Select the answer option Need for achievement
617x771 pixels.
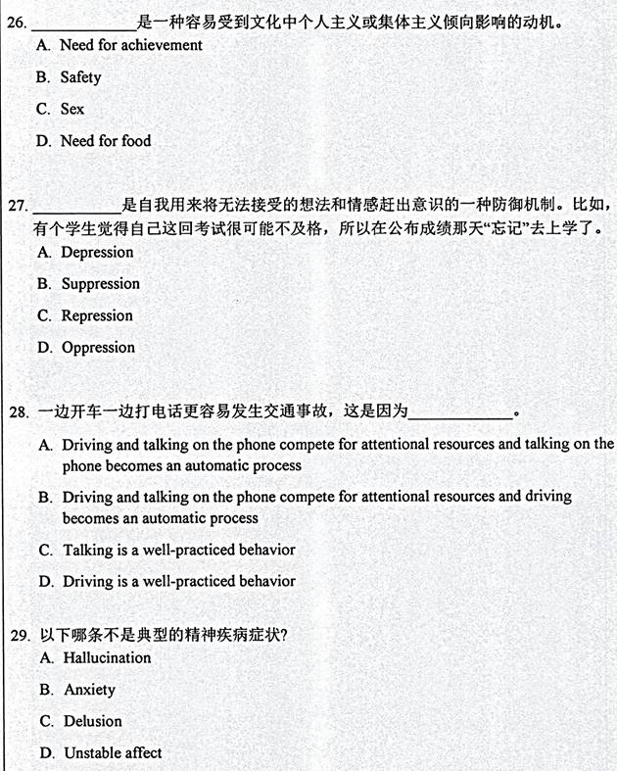pyautogui.click(x=130, y=45)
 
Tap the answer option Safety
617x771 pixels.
pyautogui.click(x=80, y=77)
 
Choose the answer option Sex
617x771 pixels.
pyautogui.click(x=72, y=109)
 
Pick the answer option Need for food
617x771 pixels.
pyautogui.click(x=106, y=141)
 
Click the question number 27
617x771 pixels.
pyautogui.click(x=17, y=206)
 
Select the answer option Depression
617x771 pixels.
pyautogui.click(x=97, y=253)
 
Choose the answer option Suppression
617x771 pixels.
pyautogui.click(x=101, y=284)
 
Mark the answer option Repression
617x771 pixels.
pyautogui.click(x=97, y=315)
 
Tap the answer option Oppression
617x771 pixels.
pyautogui.click(x=98, y=348)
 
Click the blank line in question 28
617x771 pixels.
pyautogui.click(x=459, y=415)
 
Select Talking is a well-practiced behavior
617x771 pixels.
pyautogui.click(x=178, y=550)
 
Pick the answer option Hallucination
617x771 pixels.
pyautogui.click(x=107, y=658)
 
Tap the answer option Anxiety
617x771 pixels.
pyautogui.click(x=89, y=690)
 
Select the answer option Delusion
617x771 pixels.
pyautogui.click(x=93, y=721)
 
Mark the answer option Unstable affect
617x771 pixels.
pyautogui.click(x=113, y=752)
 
